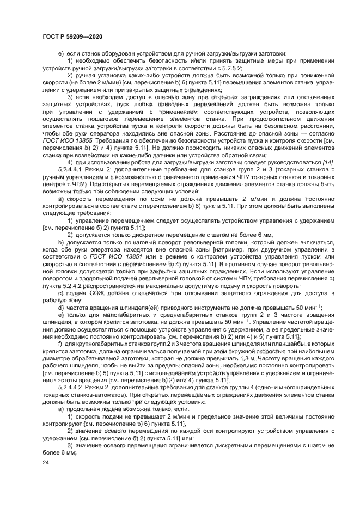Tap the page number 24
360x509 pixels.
(x=46, y=462)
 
